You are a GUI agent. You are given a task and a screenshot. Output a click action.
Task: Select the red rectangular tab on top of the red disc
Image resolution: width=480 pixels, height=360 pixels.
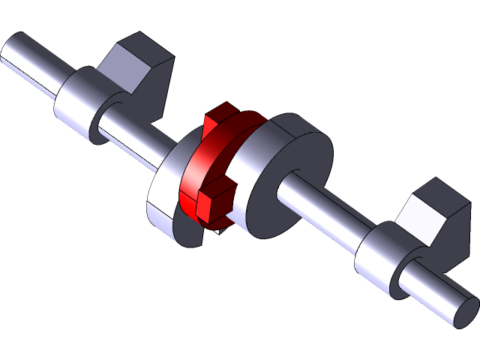click(218, 117)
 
